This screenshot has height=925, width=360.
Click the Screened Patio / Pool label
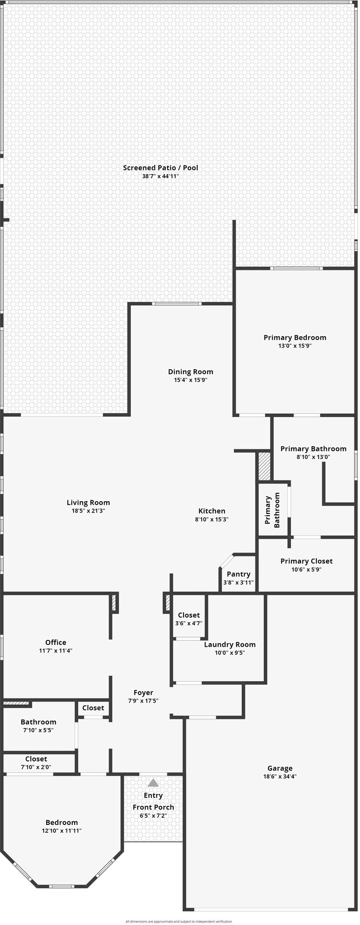(x=160, y=168)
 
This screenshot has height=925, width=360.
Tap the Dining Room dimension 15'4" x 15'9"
(x=190, y=380)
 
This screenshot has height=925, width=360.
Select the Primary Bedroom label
(x=295, y=337)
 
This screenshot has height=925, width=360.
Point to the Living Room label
(x=88, y=503)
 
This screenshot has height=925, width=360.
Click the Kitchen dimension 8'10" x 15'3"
(x=211, y=519)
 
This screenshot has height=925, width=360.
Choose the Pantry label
(x=238, y=574)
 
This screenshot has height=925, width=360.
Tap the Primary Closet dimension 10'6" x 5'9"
(x=306, y=569)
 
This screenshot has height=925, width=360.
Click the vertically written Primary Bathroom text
(x=272, y=510)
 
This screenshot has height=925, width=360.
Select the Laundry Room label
(x=230, y=644)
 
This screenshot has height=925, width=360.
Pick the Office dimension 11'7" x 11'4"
(x=55, y=651)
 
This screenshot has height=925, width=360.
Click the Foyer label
(x=143, y=693)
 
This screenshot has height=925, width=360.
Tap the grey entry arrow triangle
(x=153, y=783)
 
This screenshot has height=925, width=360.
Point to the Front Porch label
(x=153, y=807)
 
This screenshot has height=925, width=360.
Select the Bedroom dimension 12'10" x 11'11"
(x=61, y=830)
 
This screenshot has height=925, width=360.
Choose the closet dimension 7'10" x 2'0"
(x=36, y=767)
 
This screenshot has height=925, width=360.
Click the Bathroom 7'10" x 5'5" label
(x=38, y=722)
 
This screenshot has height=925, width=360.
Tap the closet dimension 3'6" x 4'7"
(x=189, y=623)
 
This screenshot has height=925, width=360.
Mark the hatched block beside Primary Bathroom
(x=264, y=466)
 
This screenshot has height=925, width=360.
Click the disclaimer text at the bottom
(x=179, y=921)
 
